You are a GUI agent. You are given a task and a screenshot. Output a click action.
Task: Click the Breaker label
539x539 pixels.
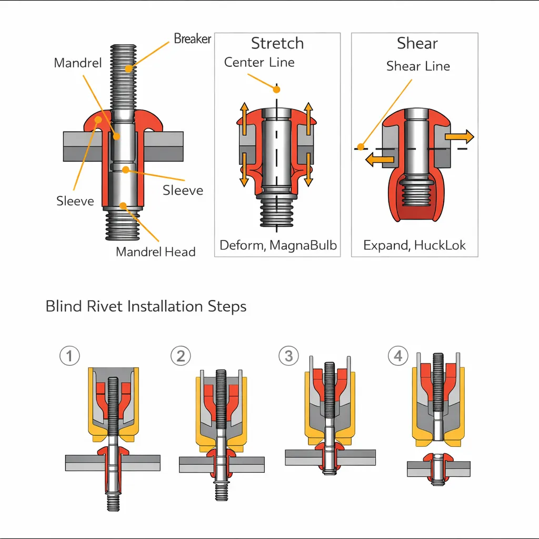192,39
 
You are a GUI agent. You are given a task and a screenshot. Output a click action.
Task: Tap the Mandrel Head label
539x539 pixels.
155,252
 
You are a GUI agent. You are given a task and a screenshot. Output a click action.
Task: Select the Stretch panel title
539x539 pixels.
277,43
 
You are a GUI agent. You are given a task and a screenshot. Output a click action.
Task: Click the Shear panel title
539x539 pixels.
417,43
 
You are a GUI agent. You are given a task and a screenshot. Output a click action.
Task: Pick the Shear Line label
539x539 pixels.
418,66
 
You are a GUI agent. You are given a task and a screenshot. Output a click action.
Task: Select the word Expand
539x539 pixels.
384,245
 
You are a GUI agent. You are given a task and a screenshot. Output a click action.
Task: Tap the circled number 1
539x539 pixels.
69,356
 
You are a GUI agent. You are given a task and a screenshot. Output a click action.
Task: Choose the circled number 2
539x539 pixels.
181,356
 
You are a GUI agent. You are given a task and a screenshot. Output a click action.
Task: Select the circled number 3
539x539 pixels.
288,356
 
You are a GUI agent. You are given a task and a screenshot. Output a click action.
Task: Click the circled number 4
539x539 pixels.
398,356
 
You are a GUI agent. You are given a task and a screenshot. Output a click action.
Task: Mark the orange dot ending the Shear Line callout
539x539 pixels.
361,146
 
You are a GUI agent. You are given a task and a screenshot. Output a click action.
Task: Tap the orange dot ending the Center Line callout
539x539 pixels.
276,89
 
